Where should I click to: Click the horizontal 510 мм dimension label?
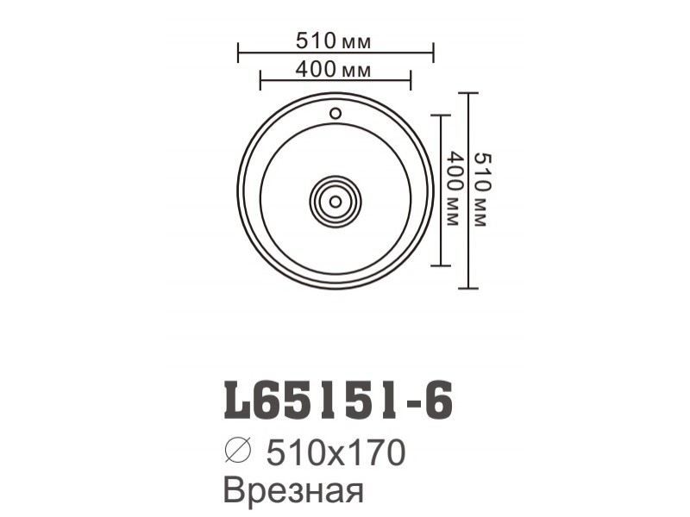click(333, 41)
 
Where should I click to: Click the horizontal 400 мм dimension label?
click(333, 70)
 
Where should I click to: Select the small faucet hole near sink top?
click(336, 114)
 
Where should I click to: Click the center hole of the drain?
click(336, 202)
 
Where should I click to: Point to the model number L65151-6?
click(338, 400)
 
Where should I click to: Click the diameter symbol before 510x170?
click(238, 451)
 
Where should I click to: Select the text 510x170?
click(336, 452)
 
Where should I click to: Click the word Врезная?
click(294, 489)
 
